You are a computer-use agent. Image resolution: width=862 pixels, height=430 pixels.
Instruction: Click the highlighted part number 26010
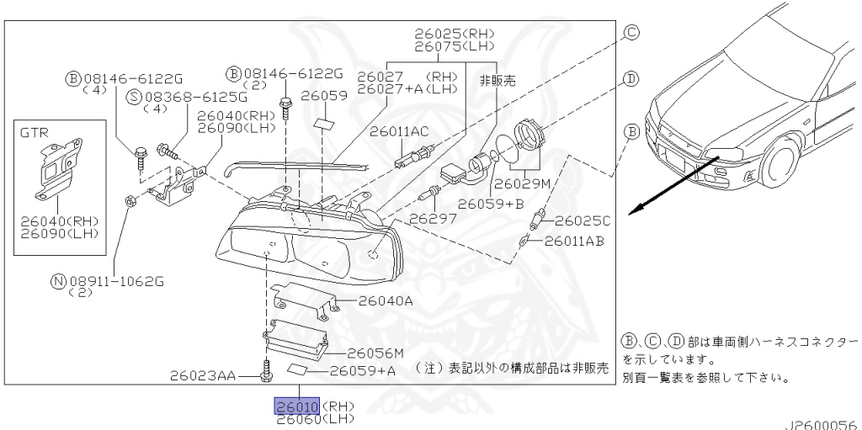coord(295,406)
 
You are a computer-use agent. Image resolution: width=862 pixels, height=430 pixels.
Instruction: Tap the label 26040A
coord(386,300)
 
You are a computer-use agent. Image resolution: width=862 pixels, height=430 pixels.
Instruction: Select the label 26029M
coord(521,183)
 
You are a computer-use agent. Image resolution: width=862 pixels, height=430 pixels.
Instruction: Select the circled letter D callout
coord(630,78)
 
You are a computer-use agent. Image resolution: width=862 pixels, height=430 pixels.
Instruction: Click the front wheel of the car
coord(781,167)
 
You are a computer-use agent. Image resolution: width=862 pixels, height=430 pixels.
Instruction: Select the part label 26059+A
coord(363,369)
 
